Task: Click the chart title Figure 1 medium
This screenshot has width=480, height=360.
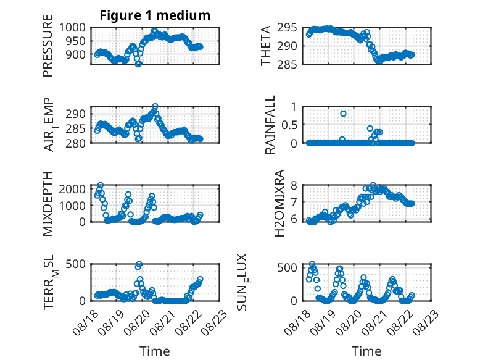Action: pyautogui.click(x=155, y=15)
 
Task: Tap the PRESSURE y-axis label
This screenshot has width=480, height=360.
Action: pyautogui.click(x=48, y=46)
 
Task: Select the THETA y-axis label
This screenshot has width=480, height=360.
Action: pyautogui.click(x=266, y=46)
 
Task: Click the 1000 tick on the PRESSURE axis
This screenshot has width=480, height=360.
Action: pyautogui.click(x=72, y=28)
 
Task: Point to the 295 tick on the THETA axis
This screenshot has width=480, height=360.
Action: pyautogui.click(x=287, y=28)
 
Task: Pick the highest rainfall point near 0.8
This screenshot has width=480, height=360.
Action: pyautogui.click(x=343, y=114)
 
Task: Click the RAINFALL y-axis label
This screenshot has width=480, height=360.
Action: pyautogui.click(x=270, y=125)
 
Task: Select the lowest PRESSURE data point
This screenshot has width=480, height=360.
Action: pyautogui.click(x=138, y=64)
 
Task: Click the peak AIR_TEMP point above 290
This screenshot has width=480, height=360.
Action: pyautogui.click(x=155, y=106)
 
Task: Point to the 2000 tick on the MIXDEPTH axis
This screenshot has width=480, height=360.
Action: pyautogui.click(x=72, y=189)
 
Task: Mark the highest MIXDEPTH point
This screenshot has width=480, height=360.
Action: pyautogui.click(x=101, y=185)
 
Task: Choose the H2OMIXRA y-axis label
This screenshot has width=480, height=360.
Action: pyautogui.click(x=279, y=203)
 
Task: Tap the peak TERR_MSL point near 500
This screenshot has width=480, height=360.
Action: pyautogui.click(x=139, y=264)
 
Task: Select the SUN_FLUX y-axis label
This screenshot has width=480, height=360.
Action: pyautogui.click(x=243, y=282)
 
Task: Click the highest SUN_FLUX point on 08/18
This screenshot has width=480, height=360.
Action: pyautogui.click(x=312, y=264)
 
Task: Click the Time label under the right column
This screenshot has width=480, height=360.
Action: pyautogui.click(x=366, y=351)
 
